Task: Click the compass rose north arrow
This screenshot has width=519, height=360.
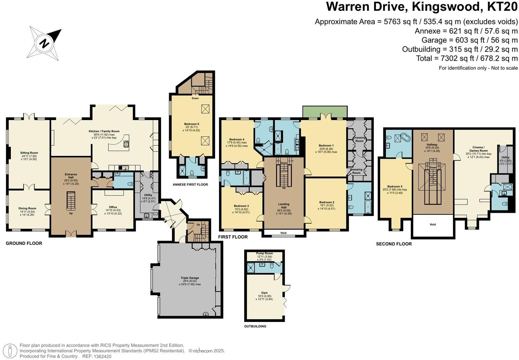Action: [45, 43]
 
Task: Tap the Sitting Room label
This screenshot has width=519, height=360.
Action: [29, 153]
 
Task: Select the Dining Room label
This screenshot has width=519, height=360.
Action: [28, 209]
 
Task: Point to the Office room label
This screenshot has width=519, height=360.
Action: [113, 207]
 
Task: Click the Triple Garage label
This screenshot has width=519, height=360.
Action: [190, 278]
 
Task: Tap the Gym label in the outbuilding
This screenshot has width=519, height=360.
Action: [264, 293]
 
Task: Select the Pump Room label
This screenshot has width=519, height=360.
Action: [264, 253]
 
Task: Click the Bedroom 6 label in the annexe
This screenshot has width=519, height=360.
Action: [192, 124]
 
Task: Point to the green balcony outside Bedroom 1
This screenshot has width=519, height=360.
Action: [325, 112]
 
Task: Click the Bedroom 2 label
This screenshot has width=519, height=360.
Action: [327, 202]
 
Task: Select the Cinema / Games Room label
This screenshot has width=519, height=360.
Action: [478, 148]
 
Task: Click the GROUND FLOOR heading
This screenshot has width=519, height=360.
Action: [24, 243]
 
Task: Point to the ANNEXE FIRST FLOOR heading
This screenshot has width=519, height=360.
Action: [190, 185]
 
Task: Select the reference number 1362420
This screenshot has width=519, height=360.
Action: [101, 356]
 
